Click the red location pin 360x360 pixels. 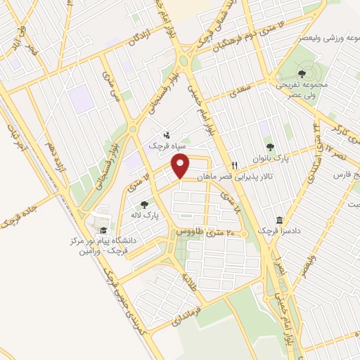[181, 166]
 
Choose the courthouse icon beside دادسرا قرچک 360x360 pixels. [280, 220]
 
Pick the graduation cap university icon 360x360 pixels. [103, 230]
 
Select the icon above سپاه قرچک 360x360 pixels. [167, 134]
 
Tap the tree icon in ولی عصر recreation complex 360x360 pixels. [302, 72]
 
